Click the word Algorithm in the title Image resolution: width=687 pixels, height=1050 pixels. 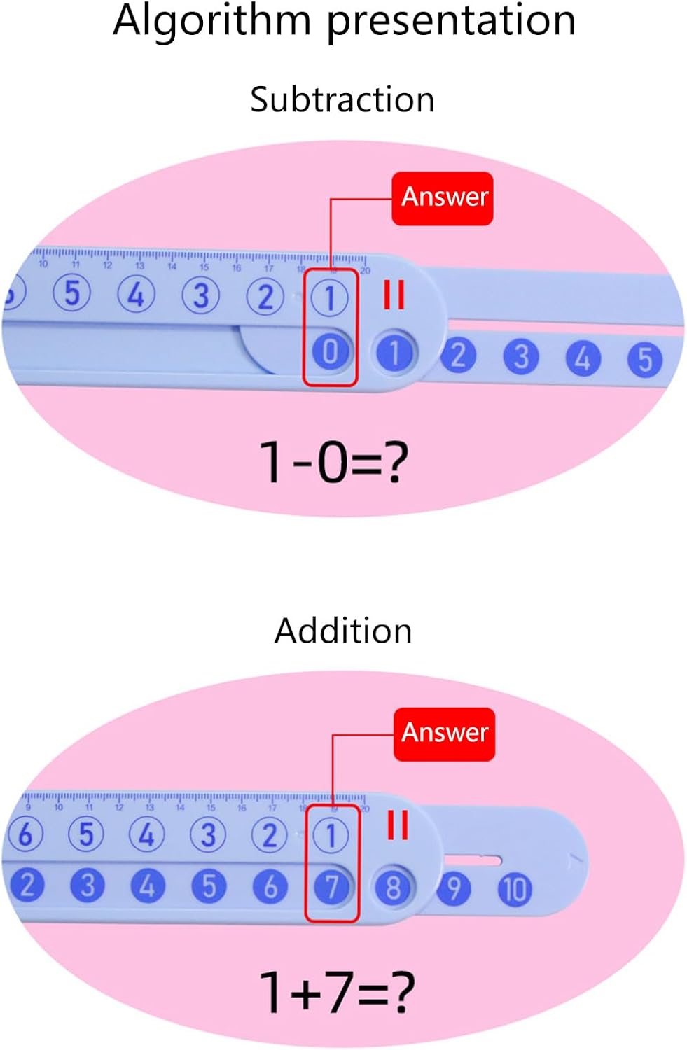[x=211, y=21]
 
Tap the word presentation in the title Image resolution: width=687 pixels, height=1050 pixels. [x=451, y=21]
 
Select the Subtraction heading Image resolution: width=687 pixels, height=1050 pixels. [x=342, y=99]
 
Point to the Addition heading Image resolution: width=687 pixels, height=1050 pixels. [x=343, y=631]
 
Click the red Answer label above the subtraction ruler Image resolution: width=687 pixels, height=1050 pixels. [x=443, y=197]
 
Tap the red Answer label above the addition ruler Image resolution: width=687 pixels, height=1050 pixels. [x=445, y=733]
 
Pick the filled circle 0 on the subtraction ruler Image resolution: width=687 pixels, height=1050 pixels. [x=330, y=352]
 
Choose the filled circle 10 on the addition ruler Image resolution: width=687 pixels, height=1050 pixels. [x=515, y=889]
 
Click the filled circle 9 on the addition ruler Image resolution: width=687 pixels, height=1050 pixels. [x=454, y=888]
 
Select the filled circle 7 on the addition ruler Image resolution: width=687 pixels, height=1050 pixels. [x=331, y=888]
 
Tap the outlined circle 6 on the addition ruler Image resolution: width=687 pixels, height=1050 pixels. [x=25, y=834]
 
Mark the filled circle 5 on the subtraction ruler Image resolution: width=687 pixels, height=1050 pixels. [x=645, y=358]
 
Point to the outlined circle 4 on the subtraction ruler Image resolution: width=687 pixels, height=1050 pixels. [x=136, y=294]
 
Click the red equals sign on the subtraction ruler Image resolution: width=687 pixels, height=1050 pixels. [x=394, y=295]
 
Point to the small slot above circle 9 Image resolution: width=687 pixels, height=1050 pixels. [x=473, y=860]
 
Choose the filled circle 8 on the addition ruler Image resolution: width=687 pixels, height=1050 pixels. [x=393, y=888]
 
